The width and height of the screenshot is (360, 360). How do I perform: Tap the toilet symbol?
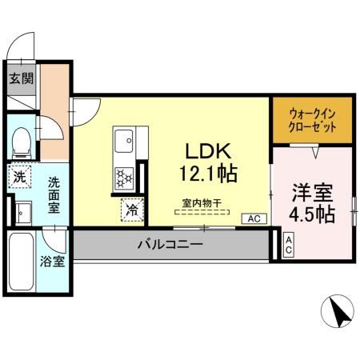point(22,141)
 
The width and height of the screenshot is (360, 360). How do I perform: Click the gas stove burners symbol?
point(124,175)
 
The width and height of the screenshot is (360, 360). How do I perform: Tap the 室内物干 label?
point(202,204)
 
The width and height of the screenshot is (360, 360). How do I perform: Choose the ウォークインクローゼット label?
point(310,120)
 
